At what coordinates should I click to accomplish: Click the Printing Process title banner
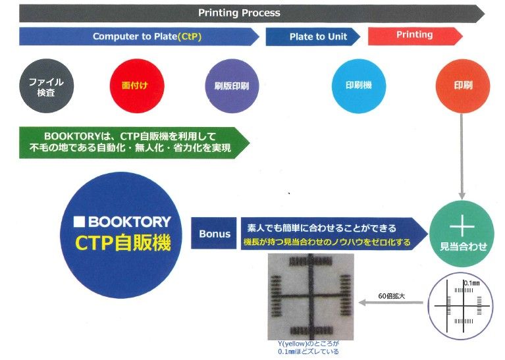240,13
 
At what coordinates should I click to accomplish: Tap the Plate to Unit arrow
313,37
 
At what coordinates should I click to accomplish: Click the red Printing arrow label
414,35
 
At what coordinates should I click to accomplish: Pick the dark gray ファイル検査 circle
46,86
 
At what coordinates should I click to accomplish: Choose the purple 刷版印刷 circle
231,86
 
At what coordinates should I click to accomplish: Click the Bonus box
215,234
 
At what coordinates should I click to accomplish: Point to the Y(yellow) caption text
308,348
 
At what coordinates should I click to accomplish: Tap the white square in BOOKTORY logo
80,222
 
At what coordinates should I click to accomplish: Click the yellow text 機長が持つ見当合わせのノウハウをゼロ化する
327,243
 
